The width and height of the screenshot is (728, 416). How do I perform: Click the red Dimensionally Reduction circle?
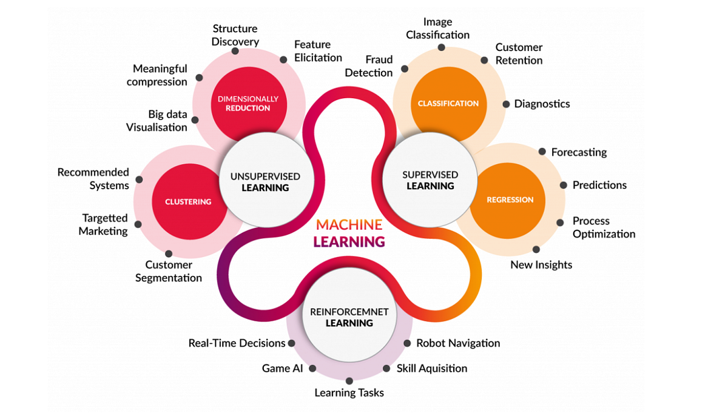(248, 103)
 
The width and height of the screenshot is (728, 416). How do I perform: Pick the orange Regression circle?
(510, 200)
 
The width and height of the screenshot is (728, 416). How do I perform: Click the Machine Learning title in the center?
(349, 233)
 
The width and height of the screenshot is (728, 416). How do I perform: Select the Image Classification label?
(437, 29)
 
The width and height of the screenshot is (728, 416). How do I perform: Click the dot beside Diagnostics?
(506, 104)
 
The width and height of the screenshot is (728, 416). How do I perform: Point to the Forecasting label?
(579, 152)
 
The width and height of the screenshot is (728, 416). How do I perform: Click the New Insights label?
(541, 264)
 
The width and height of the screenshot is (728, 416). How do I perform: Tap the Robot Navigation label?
(458, 343)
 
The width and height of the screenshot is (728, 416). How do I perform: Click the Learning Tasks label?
(349, 393)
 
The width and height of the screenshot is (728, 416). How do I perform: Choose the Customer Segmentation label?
(169, 271)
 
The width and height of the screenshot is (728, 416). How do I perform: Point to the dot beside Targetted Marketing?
(138, 224)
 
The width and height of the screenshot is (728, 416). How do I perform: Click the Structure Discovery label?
(235, 35)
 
